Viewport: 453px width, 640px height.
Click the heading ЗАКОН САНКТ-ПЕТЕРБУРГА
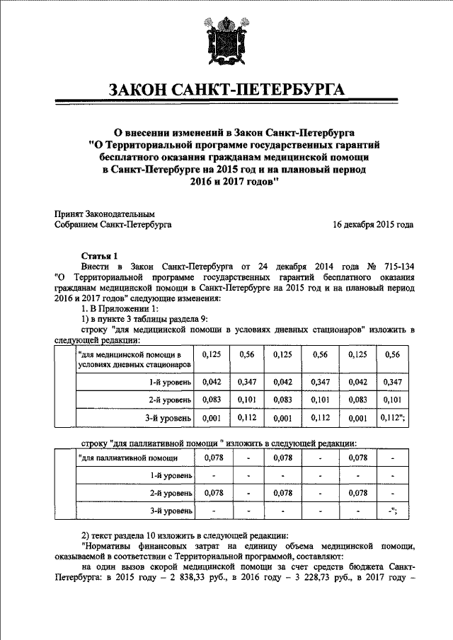(226, 91)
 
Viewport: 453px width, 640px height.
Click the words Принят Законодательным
(104, 214)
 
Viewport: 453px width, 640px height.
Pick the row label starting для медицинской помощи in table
(134, 359)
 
